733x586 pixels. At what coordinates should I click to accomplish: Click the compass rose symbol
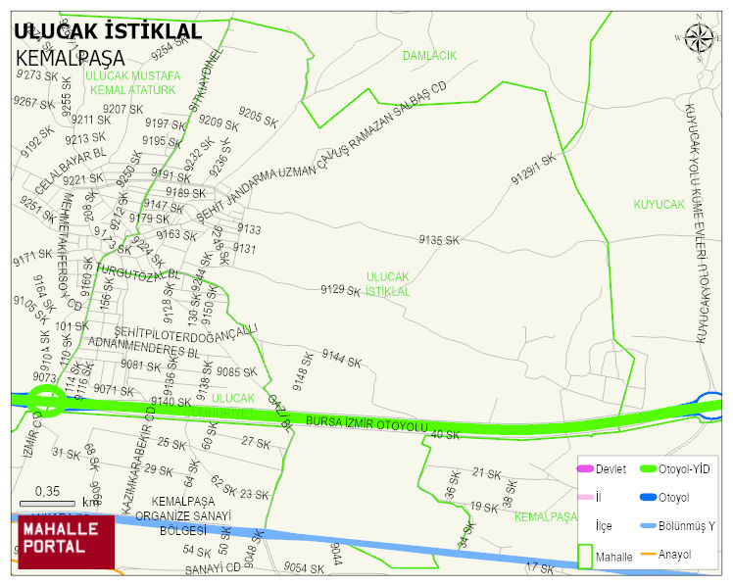700,37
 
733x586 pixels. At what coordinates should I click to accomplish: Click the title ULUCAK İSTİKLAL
108,31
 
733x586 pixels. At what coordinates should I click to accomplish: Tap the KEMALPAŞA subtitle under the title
71,58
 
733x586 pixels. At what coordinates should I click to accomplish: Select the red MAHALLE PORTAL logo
67,541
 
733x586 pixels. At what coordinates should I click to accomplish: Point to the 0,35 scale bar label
47,491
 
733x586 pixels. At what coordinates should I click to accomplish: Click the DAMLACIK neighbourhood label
429,56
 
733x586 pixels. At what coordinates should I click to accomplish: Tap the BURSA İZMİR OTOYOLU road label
367,423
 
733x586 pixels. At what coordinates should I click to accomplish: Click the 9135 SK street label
439,240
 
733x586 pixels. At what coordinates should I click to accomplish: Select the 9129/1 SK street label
533,168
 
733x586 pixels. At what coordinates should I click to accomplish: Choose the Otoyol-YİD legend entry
686,469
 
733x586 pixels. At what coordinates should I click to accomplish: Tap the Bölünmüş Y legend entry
686,526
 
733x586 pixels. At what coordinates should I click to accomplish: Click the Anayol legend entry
675,555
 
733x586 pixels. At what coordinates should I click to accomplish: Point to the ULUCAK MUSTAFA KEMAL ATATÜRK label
131,82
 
